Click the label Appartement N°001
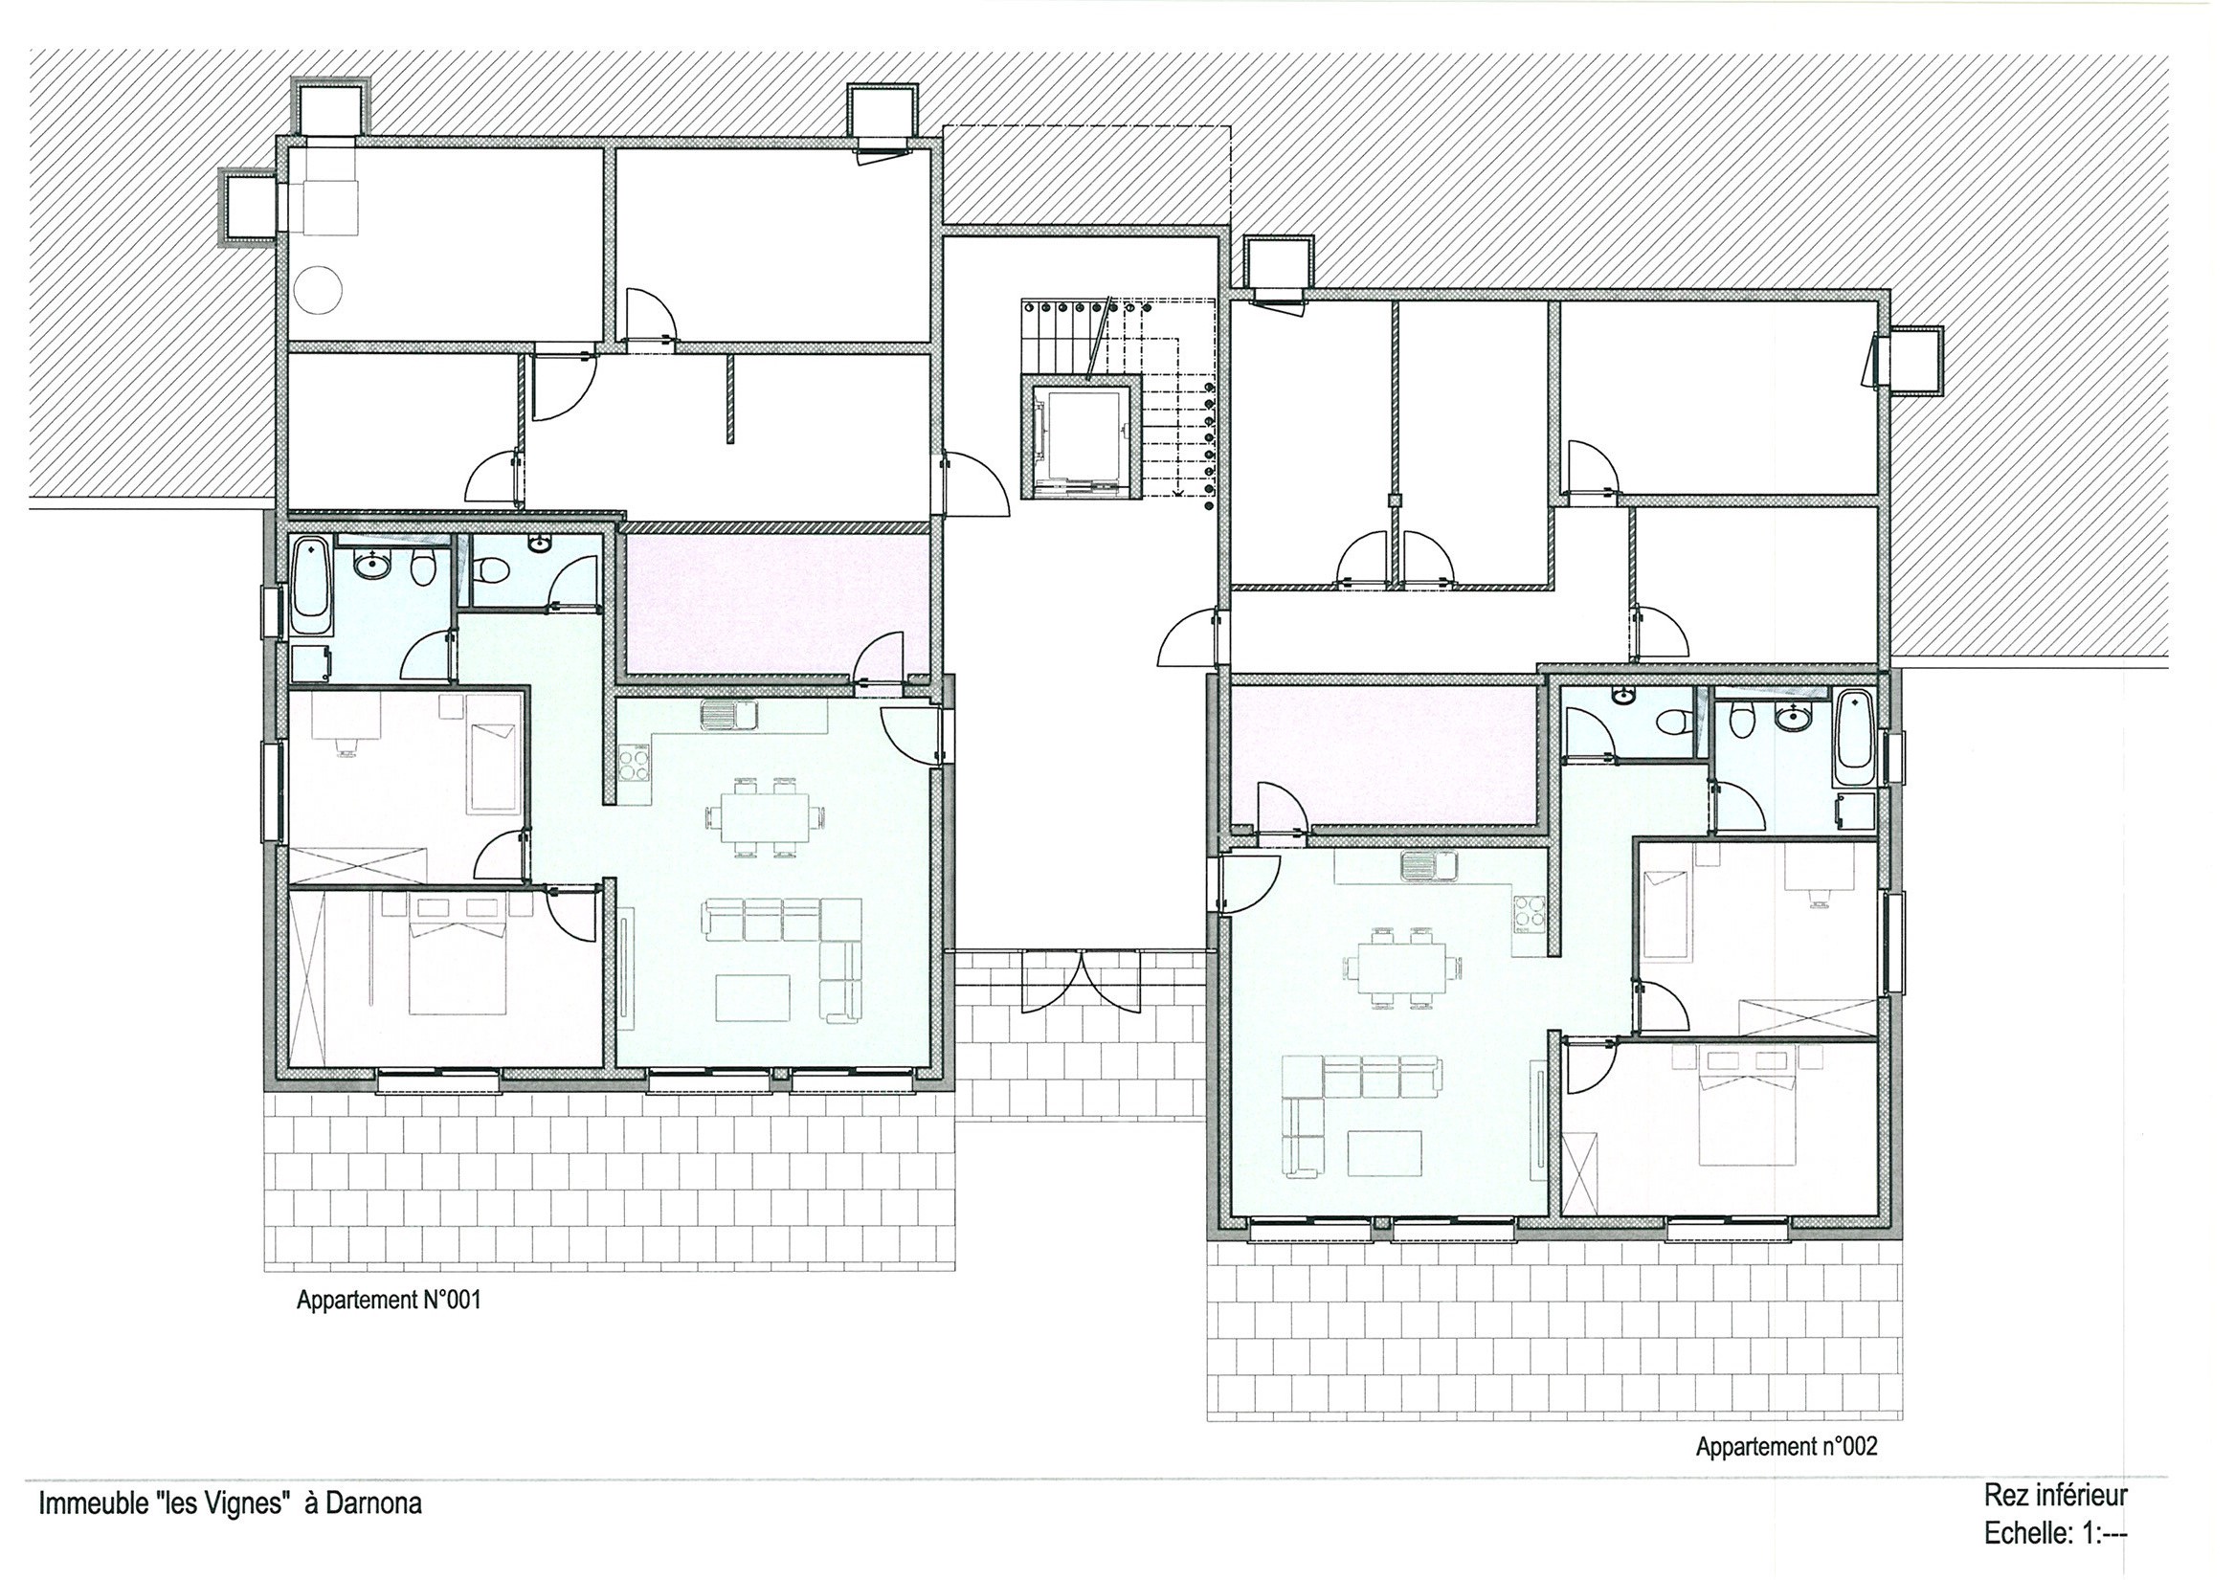(x=390, y=1301)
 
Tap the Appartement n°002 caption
(x=1787, y=1448)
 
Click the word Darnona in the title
(x=374, y=1505)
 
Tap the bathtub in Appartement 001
(x=311, y=577)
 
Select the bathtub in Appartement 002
(x=1853, y=739)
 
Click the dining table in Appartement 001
(x=765, y=817)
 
